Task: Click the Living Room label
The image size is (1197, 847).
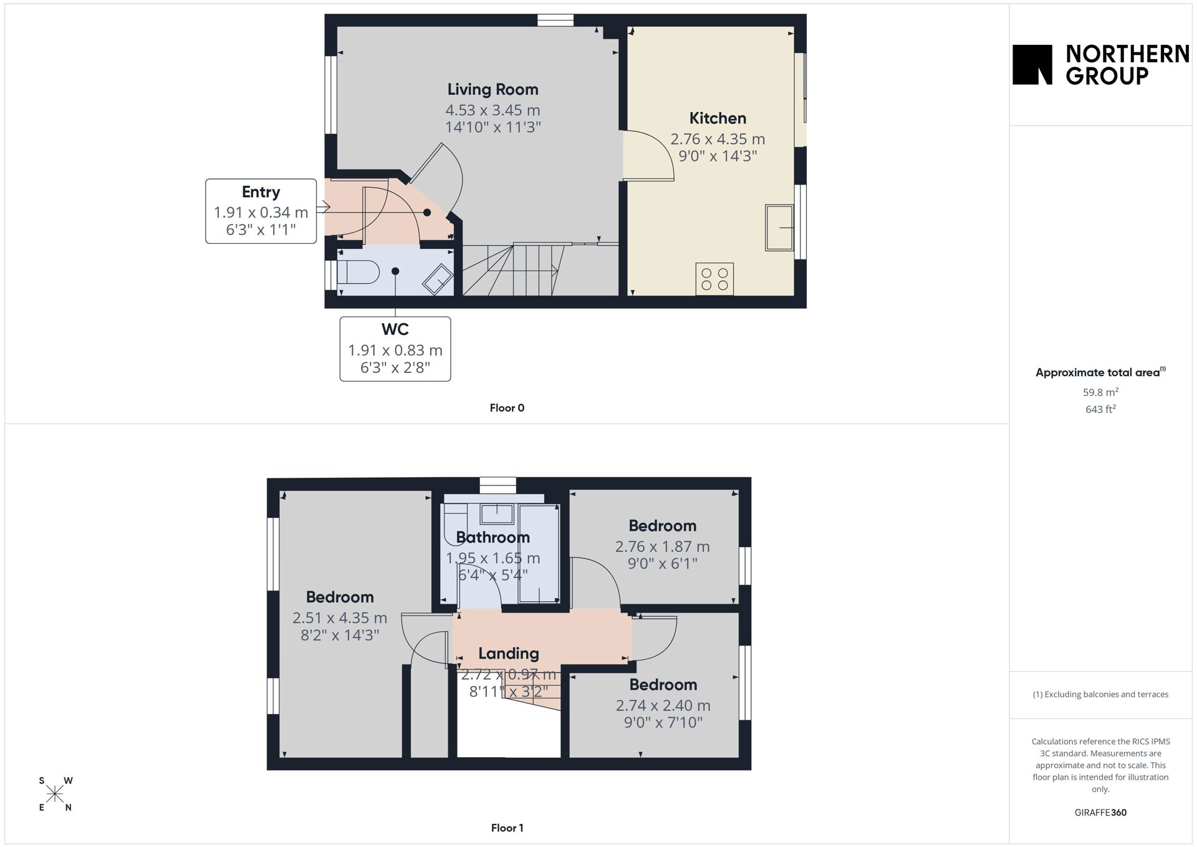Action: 493,90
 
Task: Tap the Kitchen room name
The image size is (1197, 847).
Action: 718,119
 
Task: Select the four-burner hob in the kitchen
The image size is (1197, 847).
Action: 714,279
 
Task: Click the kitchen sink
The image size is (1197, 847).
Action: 779,228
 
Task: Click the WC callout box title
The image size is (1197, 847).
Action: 395,329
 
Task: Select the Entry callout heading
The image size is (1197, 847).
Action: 261,192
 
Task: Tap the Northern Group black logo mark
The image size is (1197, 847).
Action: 1032,64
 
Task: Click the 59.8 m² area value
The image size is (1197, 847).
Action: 1100,392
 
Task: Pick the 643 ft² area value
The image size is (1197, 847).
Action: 1100,409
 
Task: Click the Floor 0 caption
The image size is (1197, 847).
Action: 507,408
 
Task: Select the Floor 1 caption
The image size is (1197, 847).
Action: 507,828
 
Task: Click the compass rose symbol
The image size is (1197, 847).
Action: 55,794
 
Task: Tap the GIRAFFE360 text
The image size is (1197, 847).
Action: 1100,813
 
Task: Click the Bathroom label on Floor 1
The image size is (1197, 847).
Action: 493,538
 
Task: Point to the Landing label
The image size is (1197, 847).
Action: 509,654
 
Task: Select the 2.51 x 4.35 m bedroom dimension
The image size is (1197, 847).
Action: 340,618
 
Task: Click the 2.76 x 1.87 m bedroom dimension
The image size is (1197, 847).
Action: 662,547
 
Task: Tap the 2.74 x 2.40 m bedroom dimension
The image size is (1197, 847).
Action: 663,705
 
